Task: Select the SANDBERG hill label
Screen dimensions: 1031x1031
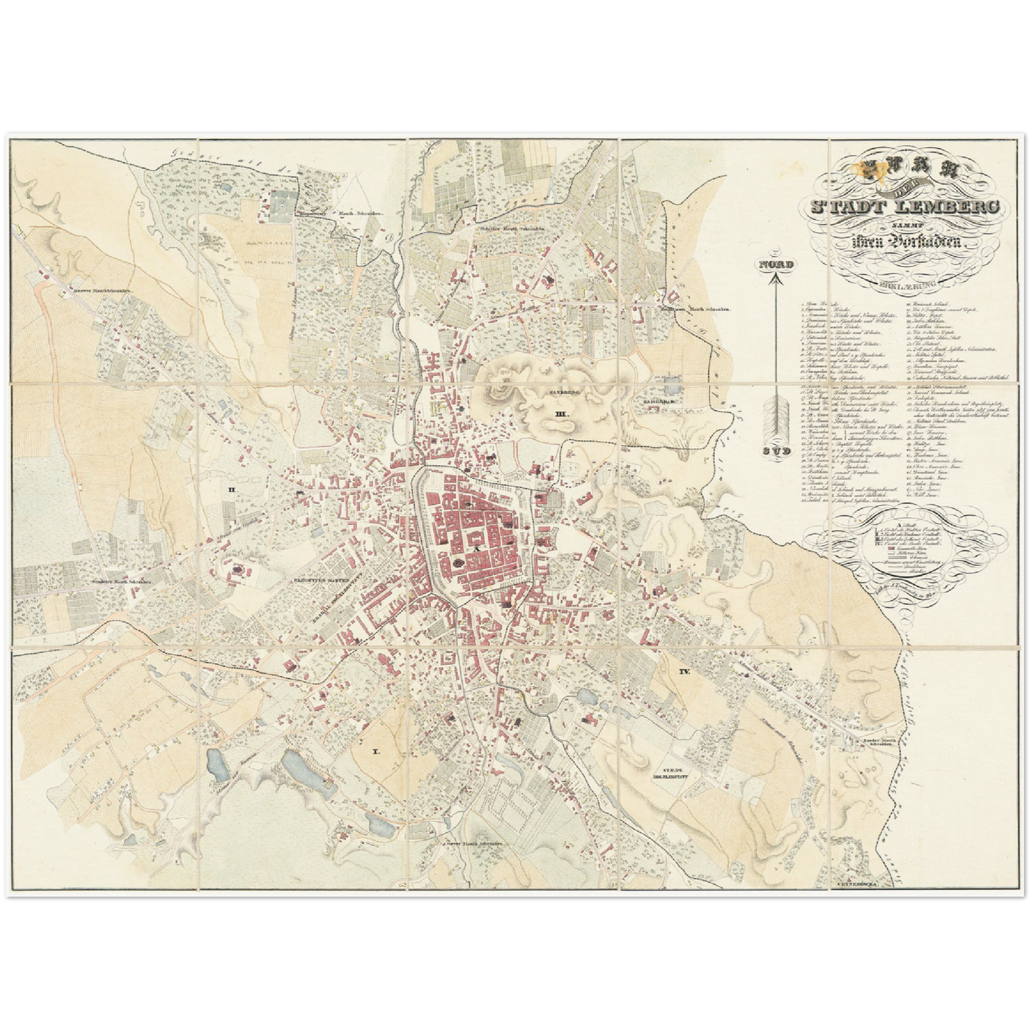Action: [x=564, y=392]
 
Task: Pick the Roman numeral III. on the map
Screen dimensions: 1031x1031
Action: [x=562, y=414]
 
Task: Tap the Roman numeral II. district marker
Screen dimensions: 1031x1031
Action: [x=231, y=489]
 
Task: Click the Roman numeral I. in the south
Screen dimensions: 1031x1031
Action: [x=376, y=751]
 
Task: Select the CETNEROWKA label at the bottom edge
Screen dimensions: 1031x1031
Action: [x=856, y=883]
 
